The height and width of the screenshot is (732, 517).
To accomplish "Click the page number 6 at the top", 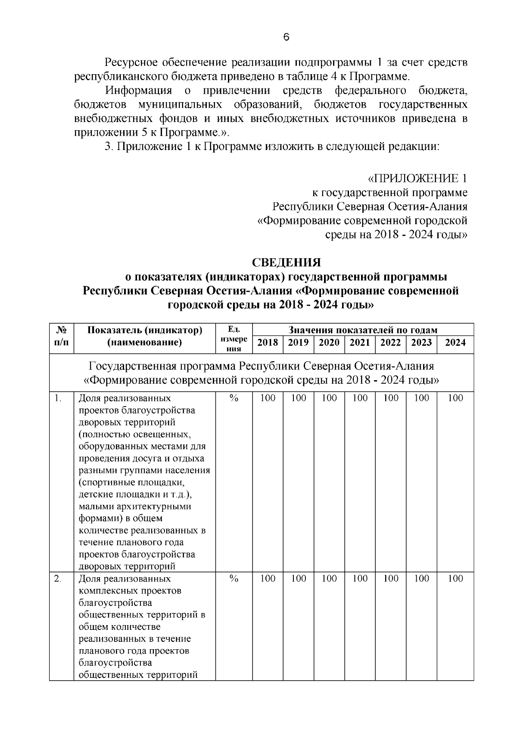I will pos(287,38).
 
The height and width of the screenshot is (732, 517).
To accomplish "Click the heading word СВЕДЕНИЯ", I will pos(286,263).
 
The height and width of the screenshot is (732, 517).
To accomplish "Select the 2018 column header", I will pos(268,343).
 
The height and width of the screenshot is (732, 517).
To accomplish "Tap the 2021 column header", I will pos(360,343).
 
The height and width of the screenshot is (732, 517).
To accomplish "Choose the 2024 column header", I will pos(455,343).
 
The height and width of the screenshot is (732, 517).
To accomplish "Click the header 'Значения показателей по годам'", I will pos(363,330).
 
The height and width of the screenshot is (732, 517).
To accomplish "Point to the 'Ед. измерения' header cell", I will pos(234,338).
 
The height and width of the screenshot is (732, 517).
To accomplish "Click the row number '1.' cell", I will pos(58,398).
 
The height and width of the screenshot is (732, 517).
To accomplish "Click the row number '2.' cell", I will pos(58,579).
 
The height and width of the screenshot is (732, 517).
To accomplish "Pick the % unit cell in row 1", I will pos(234,398).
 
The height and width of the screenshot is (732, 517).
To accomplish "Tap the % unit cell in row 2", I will pos(234,579).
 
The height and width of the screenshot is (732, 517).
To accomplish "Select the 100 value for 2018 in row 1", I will pos(268,398).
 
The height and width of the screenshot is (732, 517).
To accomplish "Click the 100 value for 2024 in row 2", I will pos(455,579).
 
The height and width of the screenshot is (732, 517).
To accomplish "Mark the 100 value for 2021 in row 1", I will pos(360,398).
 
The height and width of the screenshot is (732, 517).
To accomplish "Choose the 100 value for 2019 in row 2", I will pos(298,579).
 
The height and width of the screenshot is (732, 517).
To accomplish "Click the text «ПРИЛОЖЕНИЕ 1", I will pos(417,178).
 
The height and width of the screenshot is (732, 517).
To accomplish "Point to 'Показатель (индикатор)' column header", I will pos(145,330).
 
